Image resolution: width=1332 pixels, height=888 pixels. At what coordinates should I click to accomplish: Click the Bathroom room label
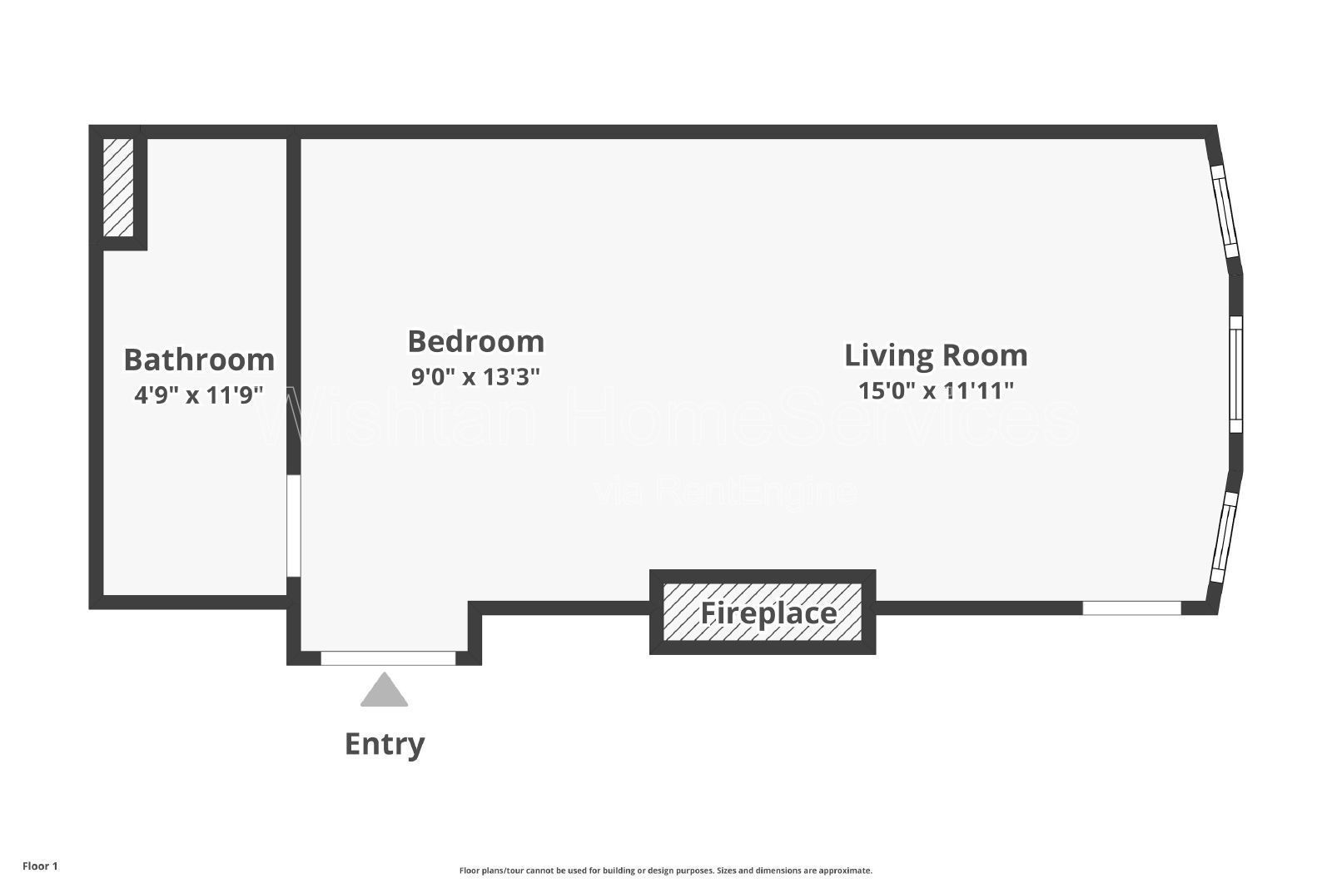tap(199, 360)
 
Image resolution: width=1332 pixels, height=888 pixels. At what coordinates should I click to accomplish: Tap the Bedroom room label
tap(475, 341)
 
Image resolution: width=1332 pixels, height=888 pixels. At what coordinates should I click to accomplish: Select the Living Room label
tap(936, 356)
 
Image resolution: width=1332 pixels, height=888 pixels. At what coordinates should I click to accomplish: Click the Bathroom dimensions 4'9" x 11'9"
tap(199, 394)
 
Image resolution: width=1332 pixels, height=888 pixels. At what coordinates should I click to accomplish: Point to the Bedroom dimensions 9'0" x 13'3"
tap(475, 376)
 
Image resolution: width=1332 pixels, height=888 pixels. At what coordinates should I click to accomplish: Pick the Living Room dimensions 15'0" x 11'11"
tap(936, 390)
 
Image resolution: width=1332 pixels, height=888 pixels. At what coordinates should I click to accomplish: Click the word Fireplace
tap(768, 613)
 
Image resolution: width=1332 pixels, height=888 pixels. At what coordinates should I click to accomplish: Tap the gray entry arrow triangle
tap(384, 689)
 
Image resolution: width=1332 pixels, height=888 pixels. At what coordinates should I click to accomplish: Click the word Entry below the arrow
tap(385, 744)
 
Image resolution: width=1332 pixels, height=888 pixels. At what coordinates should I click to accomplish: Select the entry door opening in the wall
tap(388, 658)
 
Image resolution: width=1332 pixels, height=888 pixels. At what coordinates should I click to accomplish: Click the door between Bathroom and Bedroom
tap(294, 525)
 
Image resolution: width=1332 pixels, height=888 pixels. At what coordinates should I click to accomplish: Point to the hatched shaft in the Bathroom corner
tap(117, 187)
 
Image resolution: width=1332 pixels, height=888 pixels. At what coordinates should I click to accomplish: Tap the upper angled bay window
tap(1225, 211)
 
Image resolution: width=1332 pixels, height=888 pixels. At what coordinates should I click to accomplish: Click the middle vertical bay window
tap(1235, 375)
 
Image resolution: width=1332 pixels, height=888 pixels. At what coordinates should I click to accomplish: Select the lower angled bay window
tap(1225, 537)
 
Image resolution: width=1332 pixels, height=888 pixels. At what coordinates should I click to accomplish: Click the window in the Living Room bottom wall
tap(1131, 608)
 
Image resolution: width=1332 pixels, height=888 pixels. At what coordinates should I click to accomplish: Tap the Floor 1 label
tap(41, 866)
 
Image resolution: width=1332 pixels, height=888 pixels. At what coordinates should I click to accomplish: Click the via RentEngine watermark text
tap(725, 491)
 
